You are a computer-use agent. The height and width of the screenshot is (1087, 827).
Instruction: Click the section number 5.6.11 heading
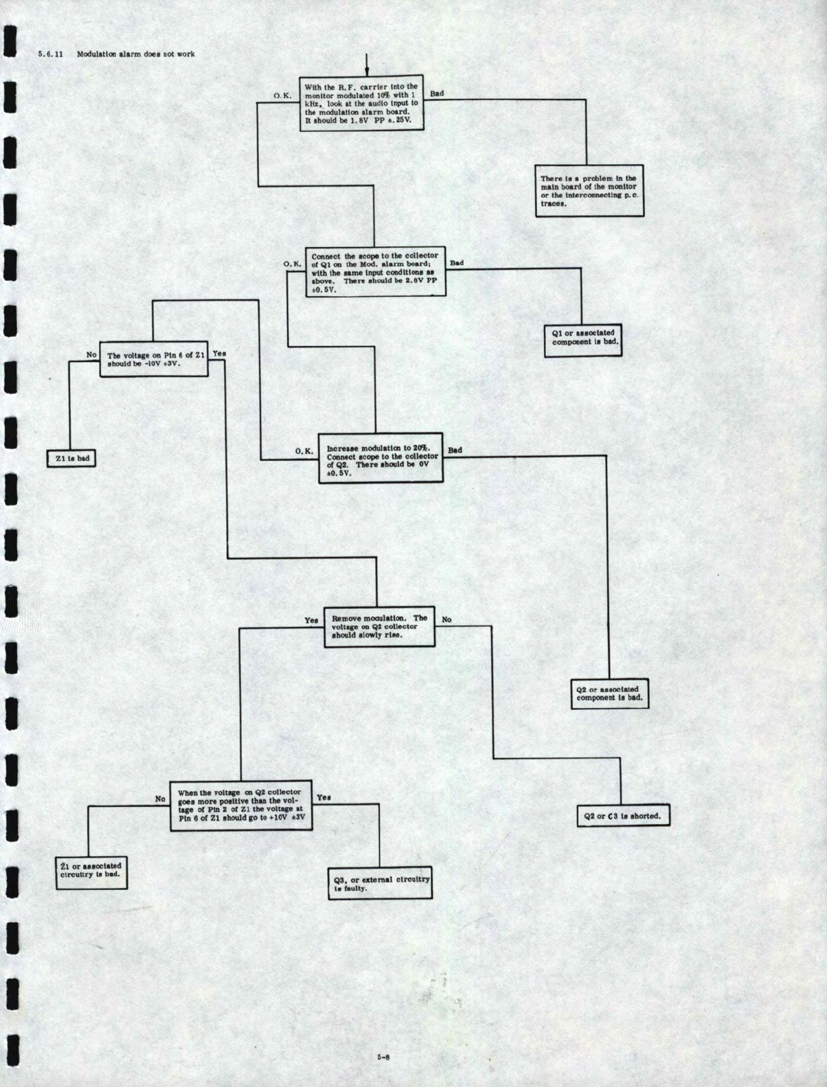pyautogui.click(x=50, y=54)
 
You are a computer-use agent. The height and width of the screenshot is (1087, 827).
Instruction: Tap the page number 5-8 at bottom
pyautogui.click(x=383, y=1057)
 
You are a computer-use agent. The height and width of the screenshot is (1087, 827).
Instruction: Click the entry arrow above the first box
pyautogui.click(x=366, y=65)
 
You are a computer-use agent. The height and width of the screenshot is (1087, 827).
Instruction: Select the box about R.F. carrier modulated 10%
pyautogui.click(x=361, y=103)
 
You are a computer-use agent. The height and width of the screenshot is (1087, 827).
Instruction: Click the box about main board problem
pyautogui.click(x=589, y=191)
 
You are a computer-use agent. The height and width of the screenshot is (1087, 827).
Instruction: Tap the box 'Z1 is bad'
pyautogui.click(x=71, y=459)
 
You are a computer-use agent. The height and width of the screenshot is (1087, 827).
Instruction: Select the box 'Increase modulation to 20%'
pyautogui.click(x=381, y=458)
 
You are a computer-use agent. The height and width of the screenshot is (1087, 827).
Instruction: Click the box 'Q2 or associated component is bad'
pyautogui.click(x=609, y=694)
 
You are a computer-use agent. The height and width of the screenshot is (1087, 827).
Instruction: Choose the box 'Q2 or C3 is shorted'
pyautogui.click(x=622, y=816)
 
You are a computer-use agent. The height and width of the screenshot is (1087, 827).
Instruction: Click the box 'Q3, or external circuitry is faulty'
pyautogui.click(x=381, y=884)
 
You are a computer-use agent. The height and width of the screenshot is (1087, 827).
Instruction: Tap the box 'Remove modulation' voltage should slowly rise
pyautogui.click(x=379, y=627)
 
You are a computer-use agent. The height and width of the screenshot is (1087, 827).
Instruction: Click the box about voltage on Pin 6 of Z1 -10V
pyautogui.click(x=154, y=359)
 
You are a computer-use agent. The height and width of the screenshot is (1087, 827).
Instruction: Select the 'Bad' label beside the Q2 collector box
pyautogui.click(x=455, y=450)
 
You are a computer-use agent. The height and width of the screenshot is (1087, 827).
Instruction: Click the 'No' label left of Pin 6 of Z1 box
pyautogui.click(x=91, y=355)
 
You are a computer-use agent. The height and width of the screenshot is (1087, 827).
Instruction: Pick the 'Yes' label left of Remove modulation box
pyautogui.click(x=311, y=621)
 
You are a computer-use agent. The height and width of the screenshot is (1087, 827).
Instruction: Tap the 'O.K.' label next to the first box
pyautogui.click(x=282, y=95)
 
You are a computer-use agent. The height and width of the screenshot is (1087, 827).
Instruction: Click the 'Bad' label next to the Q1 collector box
pyautogui.click(x=456, y=263)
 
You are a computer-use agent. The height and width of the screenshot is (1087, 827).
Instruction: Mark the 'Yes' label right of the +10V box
pyautogui.click(x=324, y=798)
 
